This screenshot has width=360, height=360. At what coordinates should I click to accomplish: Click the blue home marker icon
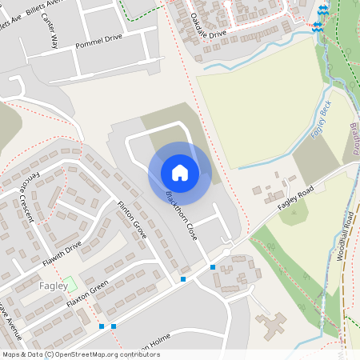click(180, 172)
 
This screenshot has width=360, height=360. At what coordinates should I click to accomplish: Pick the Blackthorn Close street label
click(180, 210)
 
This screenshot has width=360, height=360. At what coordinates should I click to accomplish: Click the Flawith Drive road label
click(62, 255)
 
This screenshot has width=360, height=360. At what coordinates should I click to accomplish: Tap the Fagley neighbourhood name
click(52, 286)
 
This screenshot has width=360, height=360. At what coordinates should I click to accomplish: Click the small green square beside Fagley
click(70, 283)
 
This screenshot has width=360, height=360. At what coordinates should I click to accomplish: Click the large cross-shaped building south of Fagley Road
click(273, 325)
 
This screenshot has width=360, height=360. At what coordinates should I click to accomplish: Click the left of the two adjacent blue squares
click(102, 326)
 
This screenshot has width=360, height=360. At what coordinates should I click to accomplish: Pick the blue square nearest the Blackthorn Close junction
click(213, 267)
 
